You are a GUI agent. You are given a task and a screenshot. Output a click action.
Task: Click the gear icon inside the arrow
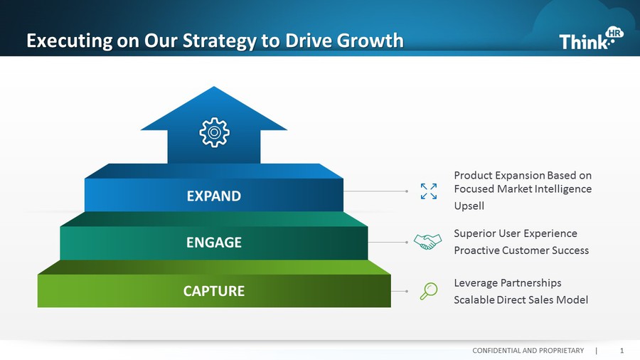[x=214, y=133]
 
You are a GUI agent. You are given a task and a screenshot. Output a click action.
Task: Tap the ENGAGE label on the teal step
[x=213, y=243]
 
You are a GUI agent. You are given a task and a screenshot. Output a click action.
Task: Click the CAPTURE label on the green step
[x=213, y=291]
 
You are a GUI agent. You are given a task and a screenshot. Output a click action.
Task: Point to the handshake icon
[x=427, y=242]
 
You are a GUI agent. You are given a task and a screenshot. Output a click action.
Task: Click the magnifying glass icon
[x=429, y=291]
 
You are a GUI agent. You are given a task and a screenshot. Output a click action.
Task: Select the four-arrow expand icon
[x=429, y=191]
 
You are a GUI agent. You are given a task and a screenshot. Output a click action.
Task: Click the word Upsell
[x=469, y=206]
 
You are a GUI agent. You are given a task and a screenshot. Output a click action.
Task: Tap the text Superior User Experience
[x=515, y=233]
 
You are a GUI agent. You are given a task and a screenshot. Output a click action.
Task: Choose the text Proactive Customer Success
[x=521, y=250]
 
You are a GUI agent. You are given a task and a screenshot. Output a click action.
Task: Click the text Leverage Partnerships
[x=507, y=283]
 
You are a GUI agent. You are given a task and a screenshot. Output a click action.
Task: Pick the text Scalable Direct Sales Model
[x=521, y=300]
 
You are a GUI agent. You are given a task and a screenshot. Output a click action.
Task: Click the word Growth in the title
[x=369, y=41]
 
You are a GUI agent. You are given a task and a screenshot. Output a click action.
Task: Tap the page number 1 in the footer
[x=622, y=351]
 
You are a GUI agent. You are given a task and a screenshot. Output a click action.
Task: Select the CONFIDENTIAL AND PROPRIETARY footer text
[x=528, y=351]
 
